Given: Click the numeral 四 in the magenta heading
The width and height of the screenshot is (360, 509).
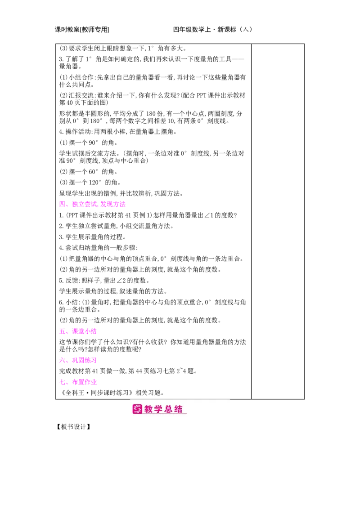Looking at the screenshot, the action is [x=61, y=204].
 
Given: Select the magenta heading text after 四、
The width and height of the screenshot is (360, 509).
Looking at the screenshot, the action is [x=99, y=204].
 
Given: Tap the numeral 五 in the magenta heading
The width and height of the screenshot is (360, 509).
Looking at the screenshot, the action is [x=61, y=331].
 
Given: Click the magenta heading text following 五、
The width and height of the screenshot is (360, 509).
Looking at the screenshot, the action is [x=85, y=331].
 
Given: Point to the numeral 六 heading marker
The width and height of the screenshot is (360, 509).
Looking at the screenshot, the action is [x=61, y=360].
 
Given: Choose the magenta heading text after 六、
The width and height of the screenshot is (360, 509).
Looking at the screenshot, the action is [x=85, y=360].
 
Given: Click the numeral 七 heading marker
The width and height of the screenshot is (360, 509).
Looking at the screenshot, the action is [x=61, y=382].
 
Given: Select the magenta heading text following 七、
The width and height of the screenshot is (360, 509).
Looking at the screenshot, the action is [x=85, y=382].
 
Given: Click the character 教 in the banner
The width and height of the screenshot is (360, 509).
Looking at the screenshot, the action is [x=149, y=409].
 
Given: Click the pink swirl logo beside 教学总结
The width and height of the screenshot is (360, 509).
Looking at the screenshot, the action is [x=137, y=409].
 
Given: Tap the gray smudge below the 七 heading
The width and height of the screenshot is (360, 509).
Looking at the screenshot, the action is [x=81, y=386].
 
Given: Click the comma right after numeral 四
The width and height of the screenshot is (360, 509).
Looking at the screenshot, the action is [x=67, y=205].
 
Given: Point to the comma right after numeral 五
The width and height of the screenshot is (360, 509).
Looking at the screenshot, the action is [x=67, y=333].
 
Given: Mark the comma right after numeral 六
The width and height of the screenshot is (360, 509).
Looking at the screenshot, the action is [x=67, y=361].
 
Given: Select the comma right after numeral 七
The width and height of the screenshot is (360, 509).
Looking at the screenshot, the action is [x=67, y=383].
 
